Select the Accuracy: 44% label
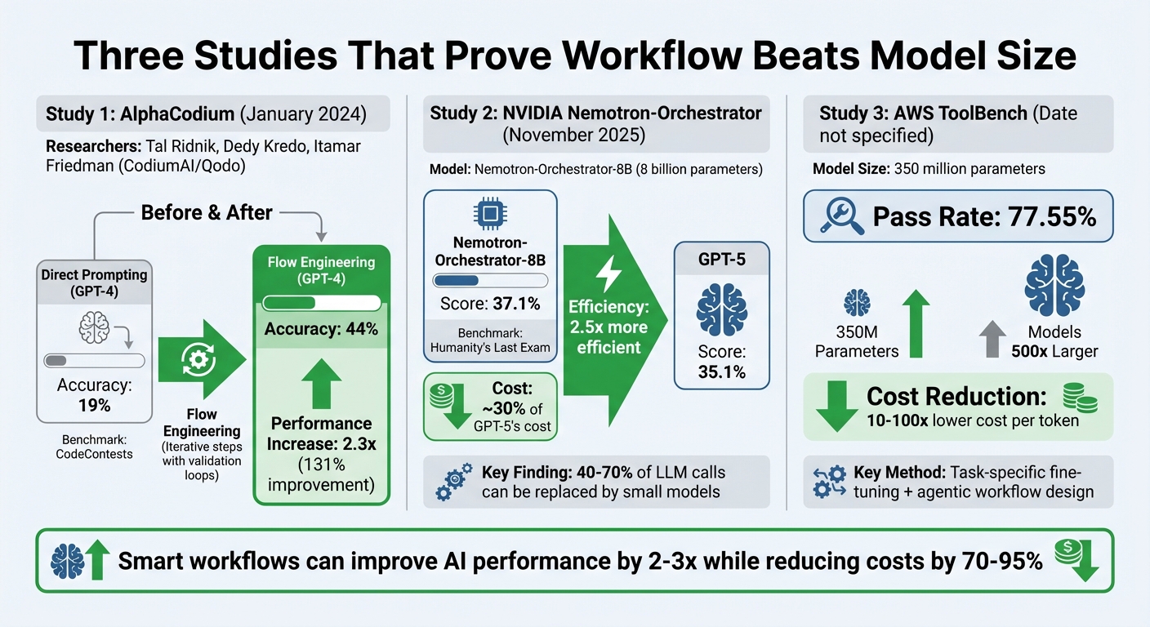click(321, 330)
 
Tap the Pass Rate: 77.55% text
click(983, 216)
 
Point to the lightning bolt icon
click(608, 275)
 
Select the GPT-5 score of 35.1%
click(721, 363)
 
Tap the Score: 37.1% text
click(490, 304)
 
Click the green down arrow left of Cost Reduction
click(836, 406)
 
